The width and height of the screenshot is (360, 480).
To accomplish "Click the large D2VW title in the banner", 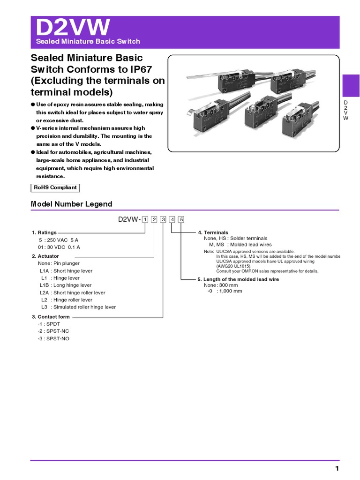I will click(73, 28).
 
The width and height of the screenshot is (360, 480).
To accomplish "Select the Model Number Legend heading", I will click(71, 204).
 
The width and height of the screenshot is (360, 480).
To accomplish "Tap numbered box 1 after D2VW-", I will click(145, 219).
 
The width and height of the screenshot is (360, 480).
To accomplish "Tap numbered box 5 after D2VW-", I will click(181, 219).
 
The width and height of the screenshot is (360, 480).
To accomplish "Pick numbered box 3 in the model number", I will click(163, 219).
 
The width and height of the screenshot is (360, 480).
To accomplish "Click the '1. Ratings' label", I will click(44, 232).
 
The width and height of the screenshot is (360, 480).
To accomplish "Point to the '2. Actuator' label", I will click(46, 256).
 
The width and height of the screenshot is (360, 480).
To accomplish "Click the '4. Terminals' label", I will click(213, 232).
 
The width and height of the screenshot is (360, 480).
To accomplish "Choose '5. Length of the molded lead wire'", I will click(238, 279).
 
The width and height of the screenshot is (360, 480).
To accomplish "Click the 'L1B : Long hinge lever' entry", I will click(66, 285).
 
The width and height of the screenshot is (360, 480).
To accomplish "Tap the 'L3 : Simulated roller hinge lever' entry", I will click(78, 307).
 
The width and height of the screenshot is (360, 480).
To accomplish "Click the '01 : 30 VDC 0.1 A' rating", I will click(60, 247).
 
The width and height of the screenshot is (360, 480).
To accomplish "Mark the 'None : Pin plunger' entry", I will click(60, 263).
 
